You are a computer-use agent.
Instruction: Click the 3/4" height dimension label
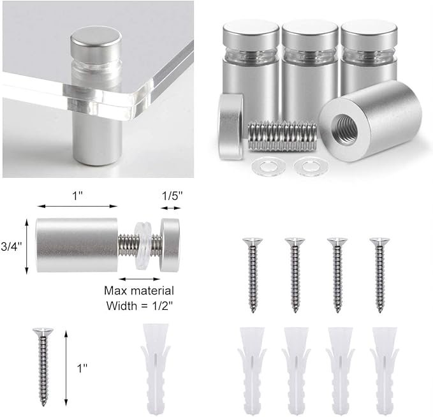coord(11,247)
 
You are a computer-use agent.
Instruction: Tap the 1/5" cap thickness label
coord(172,196)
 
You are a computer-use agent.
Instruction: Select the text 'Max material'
coord(139,291)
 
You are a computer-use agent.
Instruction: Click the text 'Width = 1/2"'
coord(140,305)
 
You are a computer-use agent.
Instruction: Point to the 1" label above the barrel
coord(77,196)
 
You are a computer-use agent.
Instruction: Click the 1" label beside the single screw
coord(82,368)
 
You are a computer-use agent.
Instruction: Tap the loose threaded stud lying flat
coord(282,136)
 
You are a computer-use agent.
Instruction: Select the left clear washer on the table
coord(268,166)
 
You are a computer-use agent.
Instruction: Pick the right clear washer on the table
coord(311,166)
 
